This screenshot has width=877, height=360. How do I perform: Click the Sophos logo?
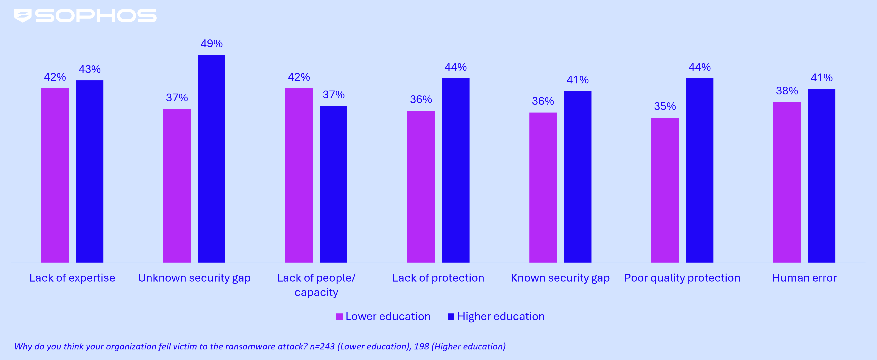(85, 16)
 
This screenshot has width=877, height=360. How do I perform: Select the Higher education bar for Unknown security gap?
(211, 158)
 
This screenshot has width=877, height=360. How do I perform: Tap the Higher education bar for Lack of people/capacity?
(333, 184)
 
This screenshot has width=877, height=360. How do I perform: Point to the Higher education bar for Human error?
(821, 175)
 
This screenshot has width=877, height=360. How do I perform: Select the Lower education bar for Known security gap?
(543, 187)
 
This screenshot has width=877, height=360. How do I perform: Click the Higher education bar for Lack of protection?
(456, 170)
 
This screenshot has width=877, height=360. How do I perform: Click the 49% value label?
(211, 44)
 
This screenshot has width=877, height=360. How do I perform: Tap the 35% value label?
(665, 106)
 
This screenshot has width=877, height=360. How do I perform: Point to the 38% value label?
(786, 91)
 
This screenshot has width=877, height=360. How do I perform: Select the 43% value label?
(90, 69)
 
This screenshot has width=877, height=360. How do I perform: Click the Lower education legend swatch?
(339, 317)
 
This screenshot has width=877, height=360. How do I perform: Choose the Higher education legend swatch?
(451, 317)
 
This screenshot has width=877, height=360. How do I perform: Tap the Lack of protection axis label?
(438, 278)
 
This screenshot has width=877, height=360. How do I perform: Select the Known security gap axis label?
(560, 278)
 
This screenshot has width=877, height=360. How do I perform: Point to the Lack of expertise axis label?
(72, 278)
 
